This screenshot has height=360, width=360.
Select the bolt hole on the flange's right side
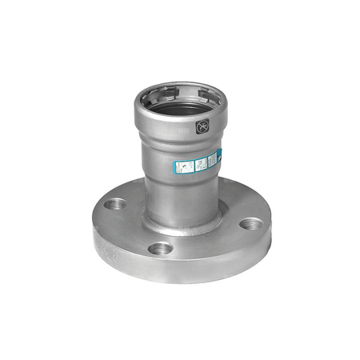pyautogui.click(x=250, y=223)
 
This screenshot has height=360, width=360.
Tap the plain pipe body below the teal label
pyautogui.click(x=180, y=200)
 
